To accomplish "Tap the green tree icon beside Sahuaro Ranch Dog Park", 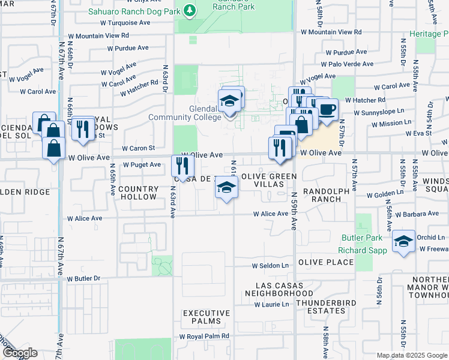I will [190, 10].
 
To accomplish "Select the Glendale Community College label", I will [185, 113].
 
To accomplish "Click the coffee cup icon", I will [327, 110].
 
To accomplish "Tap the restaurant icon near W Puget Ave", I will [184, 165].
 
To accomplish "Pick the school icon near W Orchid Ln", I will [404, 242].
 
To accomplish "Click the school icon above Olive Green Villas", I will [227, 188].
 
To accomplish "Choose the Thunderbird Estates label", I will [320, 307].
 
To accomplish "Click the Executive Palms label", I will [206, 317].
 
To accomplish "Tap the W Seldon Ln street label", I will [270, 265].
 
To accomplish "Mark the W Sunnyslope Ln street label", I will [378, 112].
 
